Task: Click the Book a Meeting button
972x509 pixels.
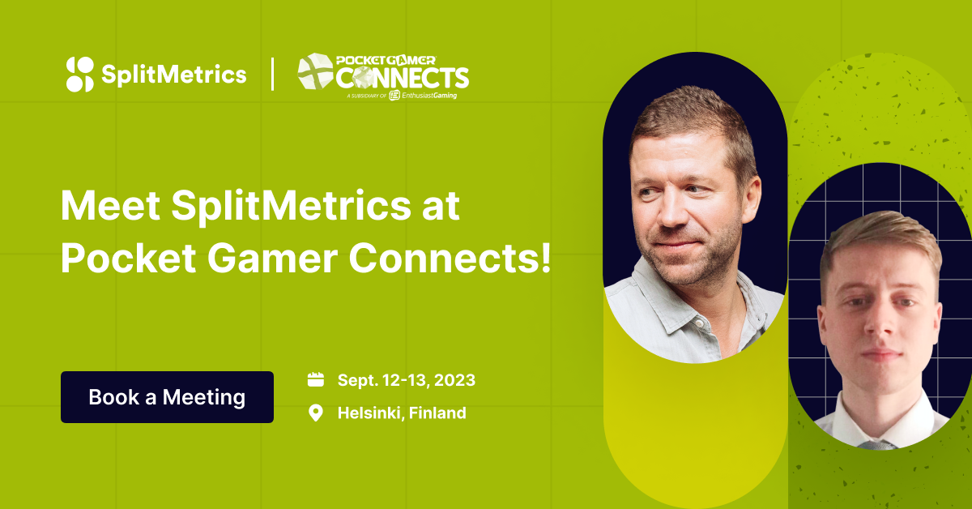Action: [x=167, y=397]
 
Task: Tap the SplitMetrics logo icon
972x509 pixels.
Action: [x=80, y=75]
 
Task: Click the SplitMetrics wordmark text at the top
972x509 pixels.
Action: [x=174, y=75]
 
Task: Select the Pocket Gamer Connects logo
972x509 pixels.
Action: [x=382, y=75]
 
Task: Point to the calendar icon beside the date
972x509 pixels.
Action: [x=316, y=379]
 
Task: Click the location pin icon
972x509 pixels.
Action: [x=316, y=413]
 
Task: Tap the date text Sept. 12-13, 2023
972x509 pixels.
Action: [x=406, y=380]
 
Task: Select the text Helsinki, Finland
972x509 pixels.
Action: [x=402, y=413]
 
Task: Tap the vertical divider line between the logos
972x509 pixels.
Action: [x=272, y=75]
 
